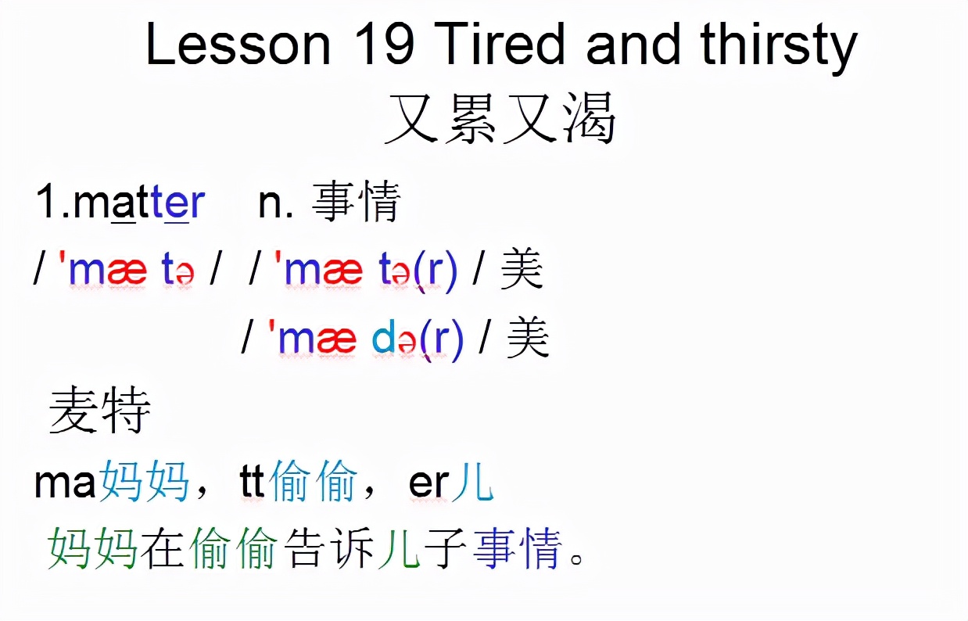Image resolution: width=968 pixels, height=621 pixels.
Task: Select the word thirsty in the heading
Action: (x=779, y=48)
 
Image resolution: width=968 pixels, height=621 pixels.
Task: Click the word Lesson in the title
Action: (x=238, y=43)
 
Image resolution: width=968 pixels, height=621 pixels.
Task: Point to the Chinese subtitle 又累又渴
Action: (x=500, y=117)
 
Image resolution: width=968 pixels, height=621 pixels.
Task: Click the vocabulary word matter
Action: (x=139, y=201)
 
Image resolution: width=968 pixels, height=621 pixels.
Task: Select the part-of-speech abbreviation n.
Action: (x=276, y=203)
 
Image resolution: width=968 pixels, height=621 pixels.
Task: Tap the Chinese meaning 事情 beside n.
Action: (x=356, y=201)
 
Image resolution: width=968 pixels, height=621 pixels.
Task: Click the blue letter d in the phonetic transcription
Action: (x=382, y=339)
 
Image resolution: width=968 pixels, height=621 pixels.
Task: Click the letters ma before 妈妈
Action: (x=65, y=483)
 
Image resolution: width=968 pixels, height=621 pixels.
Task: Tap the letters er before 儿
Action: (x=428, y=484)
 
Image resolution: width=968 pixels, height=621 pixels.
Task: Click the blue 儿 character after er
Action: (x=472, y=480)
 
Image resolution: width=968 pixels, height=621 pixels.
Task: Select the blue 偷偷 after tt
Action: (x=313, y=480)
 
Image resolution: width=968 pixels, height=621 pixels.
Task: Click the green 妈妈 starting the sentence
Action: (x=92, y=548)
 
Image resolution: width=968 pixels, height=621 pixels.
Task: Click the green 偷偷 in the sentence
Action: (x=233, y=548)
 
